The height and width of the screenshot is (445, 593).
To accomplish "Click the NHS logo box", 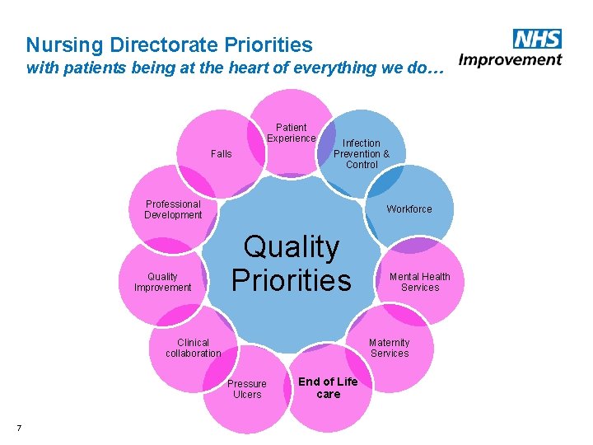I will (x=536, y=38).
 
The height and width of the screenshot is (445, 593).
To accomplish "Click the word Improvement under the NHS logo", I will (x=510, y=59).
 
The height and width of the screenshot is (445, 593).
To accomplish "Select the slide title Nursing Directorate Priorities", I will (x=170, y=44).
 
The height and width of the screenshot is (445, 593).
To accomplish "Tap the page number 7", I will (x=19, y=427).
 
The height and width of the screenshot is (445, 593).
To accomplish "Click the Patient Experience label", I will (x=291, y=133).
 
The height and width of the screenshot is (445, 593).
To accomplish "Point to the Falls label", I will (x=222, y=154).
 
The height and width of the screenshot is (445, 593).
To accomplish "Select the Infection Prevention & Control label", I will (x=362, y=153).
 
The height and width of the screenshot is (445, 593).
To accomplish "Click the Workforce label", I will (x=409, y=209).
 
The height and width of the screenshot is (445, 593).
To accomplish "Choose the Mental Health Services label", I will (x=420, y=282).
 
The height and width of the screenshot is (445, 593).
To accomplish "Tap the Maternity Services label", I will (x=390, y=348).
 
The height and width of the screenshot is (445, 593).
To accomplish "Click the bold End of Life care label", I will (x=328, y=387).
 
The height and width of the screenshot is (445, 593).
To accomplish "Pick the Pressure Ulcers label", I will (x=247, y=389).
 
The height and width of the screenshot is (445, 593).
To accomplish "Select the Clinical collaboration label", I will (x=194, y=348).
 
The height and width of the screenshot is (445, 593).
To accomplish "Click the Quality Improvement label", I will (x=163, y=282).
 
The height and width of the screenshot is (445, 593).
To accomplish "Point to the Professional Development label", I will (x=173, y=209).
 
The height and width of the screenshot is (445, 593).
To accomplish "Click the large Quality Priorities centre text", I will (x=292, y=263).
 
